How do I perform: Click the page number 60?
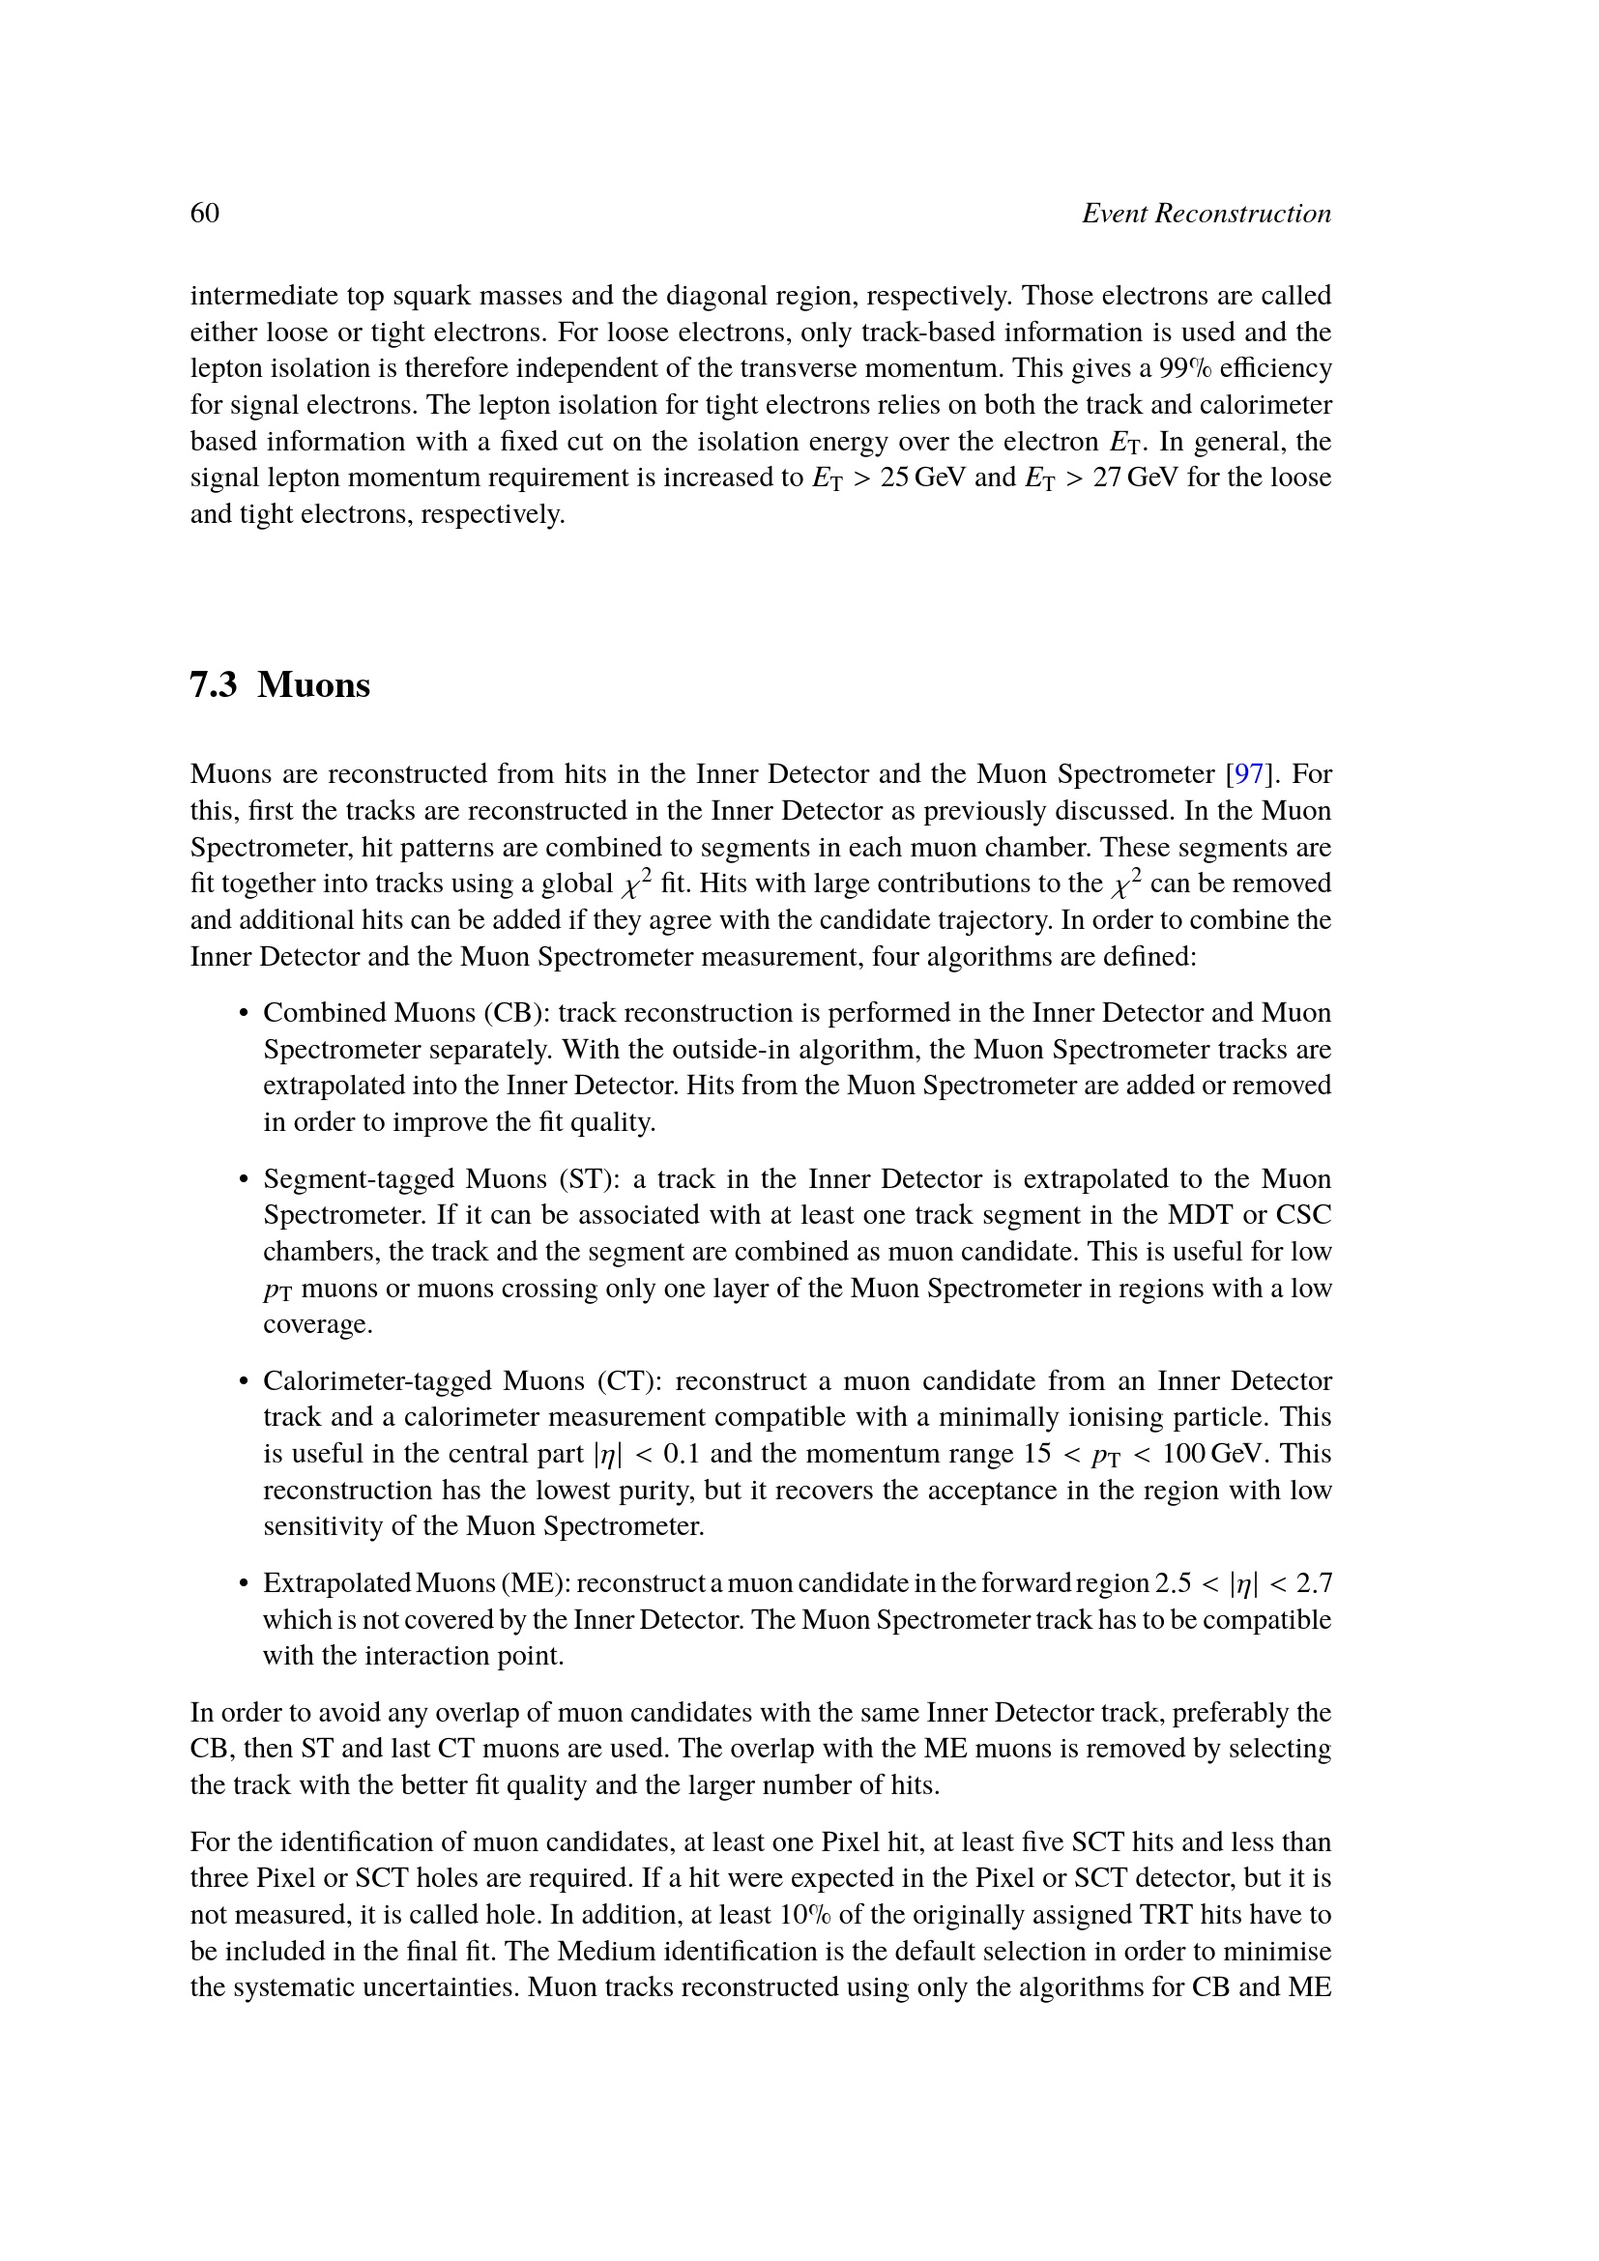[x=205, y=213]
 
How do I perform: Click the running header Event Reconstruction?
[x=1207, y=213]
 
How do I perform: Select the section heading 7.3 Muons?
[x=279, y=684]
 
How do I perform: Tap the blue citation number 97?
[x=1248, y=774]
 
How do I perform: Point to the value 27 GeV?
[x=1135, y=477]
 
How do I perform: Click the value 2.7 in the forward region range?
[x=1314, y=1582]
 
